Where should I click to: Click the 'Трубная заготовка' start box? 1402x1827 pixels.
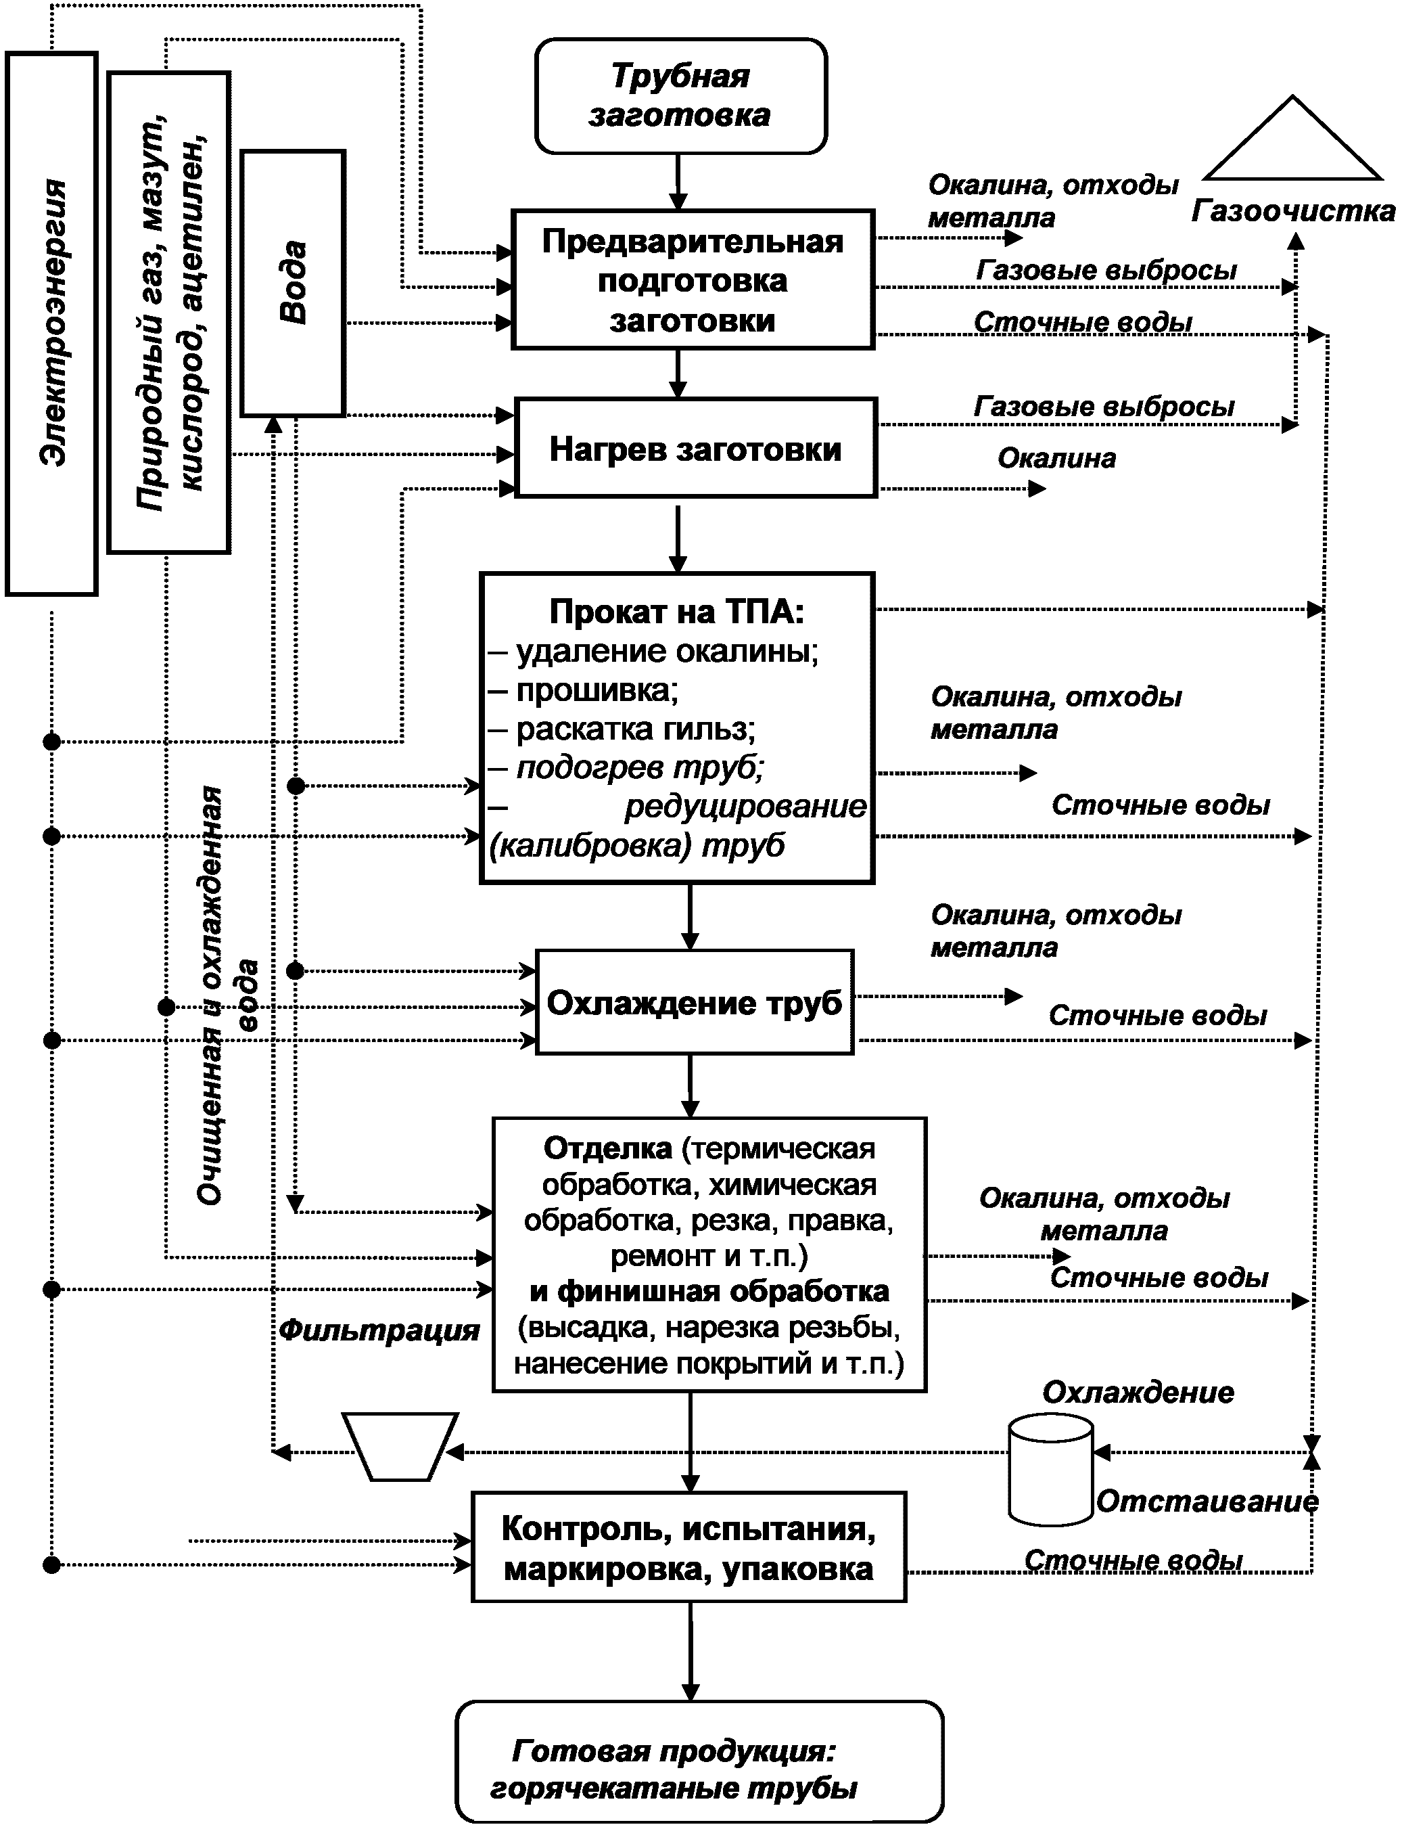point(680,96)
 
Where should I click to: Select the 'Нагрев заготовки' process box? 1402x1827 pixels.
point(696,449)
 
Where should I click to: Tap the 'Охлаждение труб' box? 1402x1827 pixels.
point(695,1002)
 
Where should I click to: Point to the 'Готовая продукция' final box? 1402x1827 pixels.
point(699,1773)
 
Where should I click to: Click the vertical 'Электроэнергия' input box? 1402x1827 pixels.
point(52,323)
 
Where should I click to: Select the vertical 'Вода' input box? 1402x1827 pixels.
point(293,282)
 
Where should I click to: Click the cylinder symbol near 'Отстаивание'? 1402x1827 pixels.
point(1051,1470)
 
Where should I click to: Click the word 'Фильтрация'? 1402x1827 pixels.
point(379,1330)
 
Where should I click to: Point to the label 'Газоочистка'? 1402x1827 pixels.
point(1292,211)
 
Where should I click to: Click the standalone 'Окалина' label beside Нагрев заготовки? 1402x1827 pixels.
point(1056,457)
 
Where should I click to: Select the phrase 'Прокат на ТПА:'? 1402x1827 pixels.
point(677,612)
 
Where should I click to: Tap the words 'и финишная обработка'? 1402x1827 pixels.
point(709,1291)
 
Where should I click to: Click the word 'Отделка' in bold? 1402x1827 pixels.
point(607,1148)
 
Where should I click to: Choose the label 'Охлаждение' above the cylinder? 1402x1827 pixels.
point(1138,1392)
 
